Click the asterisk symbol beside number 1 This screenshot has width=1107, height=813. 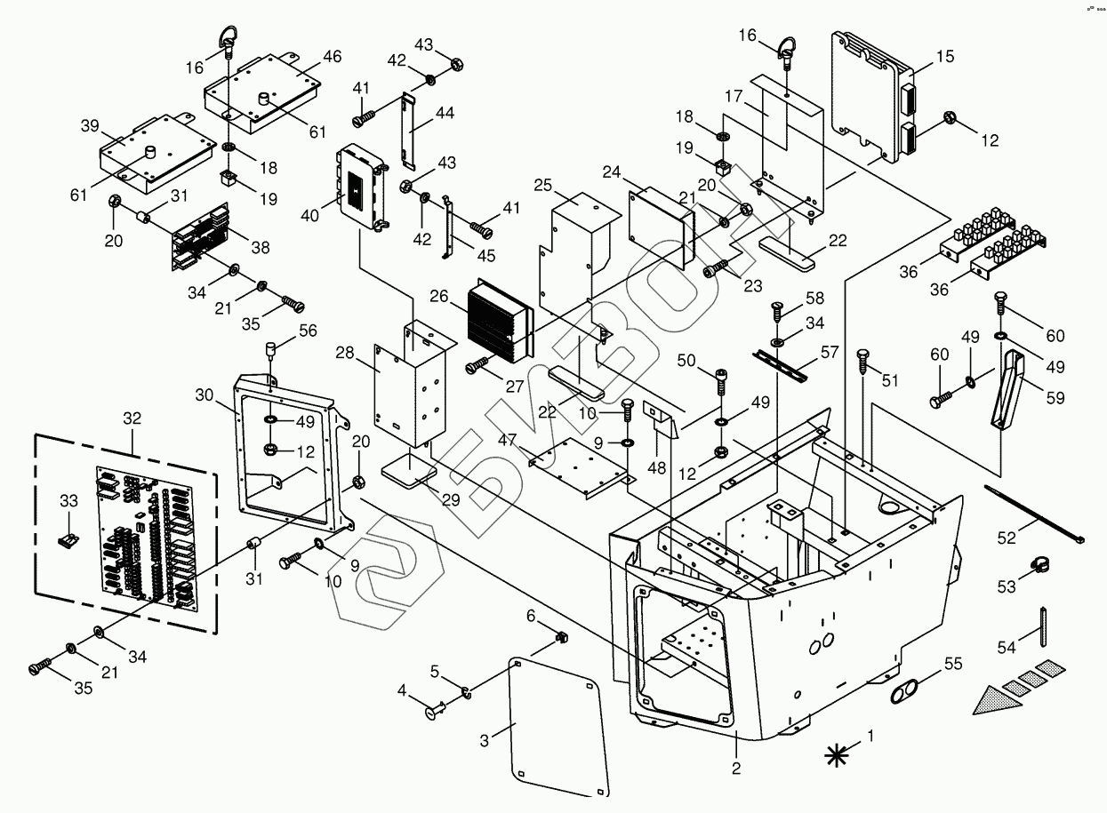click(x=836, y=754)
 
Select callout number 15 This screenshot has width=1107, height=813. click(x=944, y=57)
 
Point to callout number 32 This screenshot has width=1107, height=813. click(x=132, y=418)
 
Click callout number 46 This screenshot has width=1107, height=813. click(x=331, y=57)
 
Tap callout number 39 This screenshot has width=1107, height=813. click(x=90, y=125)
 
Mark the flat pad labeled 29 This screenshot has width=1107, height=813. click(x=408, y=469)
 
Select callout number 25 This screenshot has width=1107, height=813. click(x=543, y=184)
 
